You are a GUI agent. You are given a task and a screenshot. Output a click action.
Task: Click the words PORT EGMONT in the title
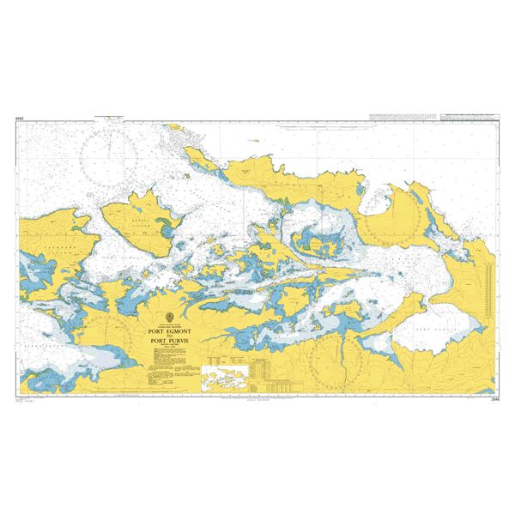click(x=175, y=327)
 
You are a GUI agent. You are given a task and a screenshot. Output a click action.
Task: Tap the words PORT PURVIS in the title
click(x=175, y=341)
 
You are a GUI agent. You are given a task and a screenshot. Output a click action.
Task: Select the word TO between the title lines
click(x=175, y=334)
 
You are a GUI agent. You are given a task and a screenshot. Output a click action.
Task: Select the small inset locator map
click(x=224, y=378)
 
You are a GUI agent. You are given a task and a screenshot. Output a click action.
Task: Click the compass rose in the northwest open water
click(x=108, y=154)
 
